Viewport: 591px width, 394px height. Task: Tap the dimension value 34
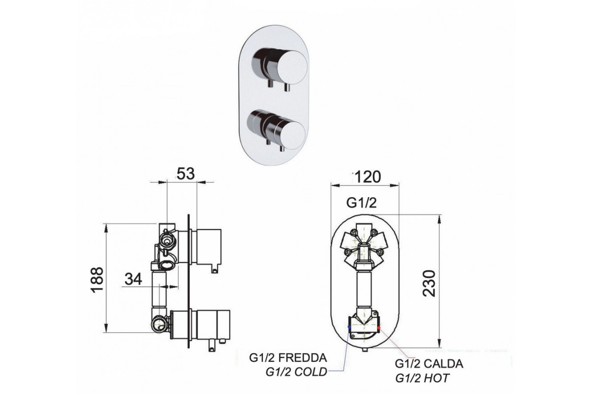(133, 279)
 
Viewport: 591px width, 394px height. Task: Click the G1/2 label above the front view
(362, 203)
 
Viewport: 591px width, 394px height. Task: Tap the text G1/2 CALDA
(429, 364)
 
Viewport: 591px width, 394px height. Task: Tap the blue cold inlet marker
(349, 326)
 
